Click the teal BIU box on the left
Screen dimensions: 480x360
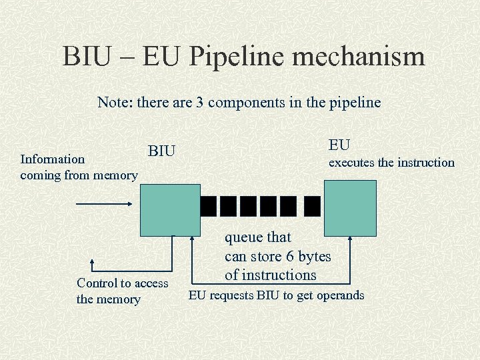click(x=169, y=209)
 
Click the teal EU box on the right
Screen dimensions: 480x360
click(x=349, y=207)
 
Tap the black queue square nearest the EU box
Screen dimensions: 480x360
click(x=311, y=207)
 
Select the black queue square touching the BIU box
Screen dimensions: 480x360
click(x=209, y=207)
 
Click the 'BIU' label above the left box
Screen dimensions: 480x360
click(x=161, y=151)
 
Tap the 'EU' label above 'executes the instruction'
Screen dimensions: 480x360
click(x=339, y=145)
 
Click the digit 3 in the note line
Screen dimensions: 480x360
click(x=199, y=103)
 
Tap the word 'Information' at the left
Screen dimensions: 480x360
click(x=53, y=159)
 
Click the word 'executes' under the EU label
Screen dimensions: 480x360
click(x=351, y=163)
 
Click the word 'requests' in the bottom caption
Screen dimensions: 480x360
click(x=233, y=295)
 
